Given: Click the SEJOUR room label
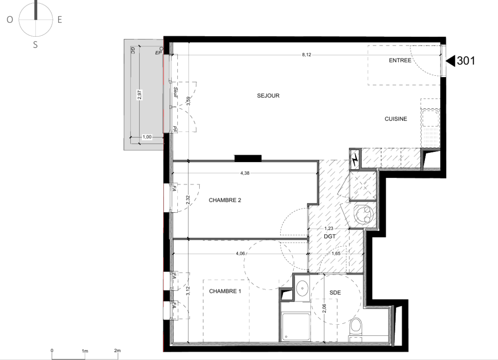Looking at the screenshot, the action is pos(268,96).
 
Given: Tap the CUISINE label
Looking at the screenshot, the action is pos(396,119).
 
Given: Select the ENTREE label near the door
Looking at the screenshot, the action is pos(400,60).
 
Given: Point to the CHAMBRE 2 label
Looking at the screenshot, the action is pos(225,200).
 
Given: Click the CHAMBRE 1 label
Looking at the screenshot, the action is pos(225,291).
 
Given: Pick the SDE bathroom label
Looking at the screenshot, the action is pos(335,293).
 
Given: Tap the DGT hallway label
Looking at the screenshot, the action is pos(330,237).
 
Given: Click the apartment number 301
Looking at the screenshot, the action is pos(466,61).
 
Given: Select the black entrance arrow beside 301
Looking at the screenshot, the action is pos(451,61).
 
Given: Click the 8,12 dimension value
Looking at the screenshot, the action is pos(307,55).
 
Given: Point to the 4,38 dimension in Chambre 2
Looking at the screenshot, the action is pos(245,173).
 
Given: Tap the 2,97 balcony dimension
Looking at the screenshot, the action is pos(139,95).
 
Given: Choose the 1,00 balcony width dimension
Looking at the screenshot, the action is pos(147,137).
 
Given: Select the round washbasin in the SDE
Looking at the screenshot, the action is pos(302,288).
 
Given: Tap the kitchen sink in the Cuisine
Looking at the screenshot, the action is pos(430,118).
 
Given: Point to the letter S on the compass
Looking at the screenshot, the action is pos(35,45).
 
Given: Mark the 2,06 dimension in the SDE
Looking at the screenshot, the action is pos(324,308).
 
